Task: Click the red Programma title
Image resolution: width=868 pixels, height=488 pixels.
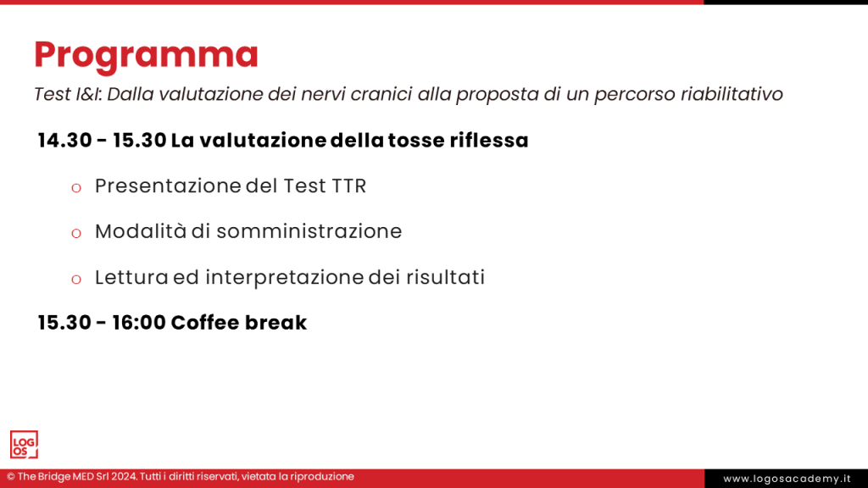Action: [146, 55]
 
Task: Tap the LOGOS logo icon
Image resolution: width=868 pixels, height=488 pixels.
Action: [24, 445]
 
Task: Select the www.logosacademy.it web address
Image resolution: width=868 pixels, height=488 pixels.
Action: [786, 479]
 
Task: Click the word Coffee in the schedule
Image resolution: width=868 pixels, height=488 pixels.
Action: [204, 323]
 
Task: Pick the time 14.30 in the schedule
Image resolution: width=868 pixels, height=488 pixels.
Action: [64, 141]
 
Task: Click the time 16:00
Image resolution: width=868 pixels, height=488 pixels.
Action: [139, 323]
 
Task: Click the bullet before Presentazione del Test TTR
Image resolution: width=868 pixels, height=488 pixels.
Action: [76, 187]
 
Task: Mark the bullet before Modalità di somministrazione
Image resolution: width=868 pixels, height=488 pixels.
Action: [76, 233]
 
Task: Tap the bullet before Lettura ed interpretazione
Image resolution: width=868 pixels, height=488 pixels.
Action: [76, 279]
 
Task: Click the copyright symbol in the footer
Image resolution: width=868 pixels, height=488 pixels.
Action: [11, 477]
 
